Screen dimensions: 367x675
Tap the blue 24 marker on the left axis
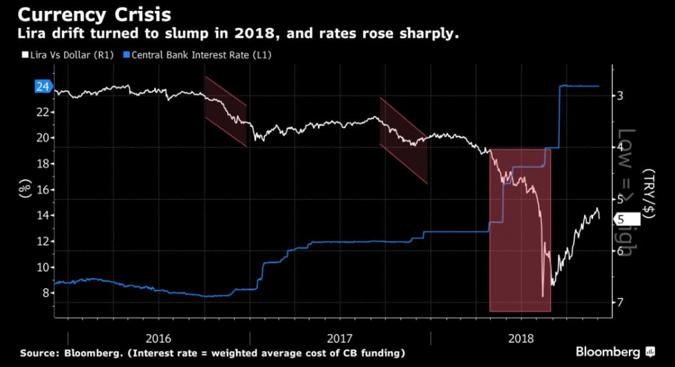tap(43, 87)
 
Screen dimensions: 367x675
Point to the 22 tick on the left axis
tap(43, 112)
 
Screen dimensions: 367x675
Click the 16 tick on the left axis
tap(43, 190)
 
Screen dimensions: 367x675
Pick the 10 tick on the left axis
tap(43, 267)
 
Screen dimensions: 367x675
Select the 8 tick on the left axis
tap(43, 293)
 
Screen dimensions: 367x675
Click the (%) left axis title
tap(24, 186)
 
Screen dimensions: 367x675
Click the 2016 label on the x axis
tap(159, 338)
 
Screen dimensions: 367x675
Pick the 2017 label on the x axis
tap(340, 338)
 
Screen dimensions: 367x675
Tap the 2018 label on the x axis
tap(521, 338)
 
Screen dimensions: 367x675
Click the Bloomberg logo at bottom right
tap(614, 352)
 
